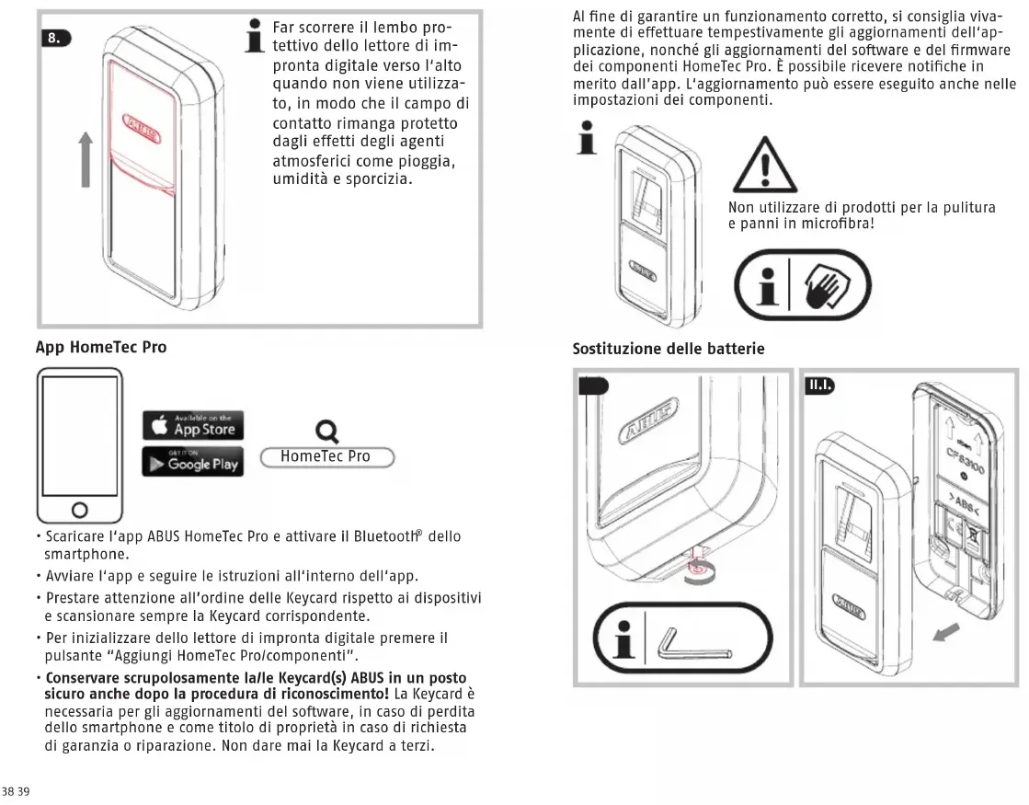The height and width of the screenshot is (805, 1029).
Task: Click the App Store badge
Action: click(x=192, y=424)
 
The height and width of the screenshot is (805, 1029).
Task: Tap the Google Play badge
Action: click(x=192, y=462)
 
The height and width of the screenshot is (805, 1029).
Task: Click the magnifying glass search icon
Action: click(x=325, y=430)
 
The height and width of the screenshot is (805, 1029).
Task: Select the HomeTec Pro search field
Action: click(x=326, y=456)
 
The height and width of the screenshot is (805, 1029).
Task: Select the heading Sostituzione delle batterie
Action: click(x=669, y=349)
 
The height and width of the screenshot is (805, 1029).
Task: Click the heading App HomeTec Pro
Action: click(x=101, y=349)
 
